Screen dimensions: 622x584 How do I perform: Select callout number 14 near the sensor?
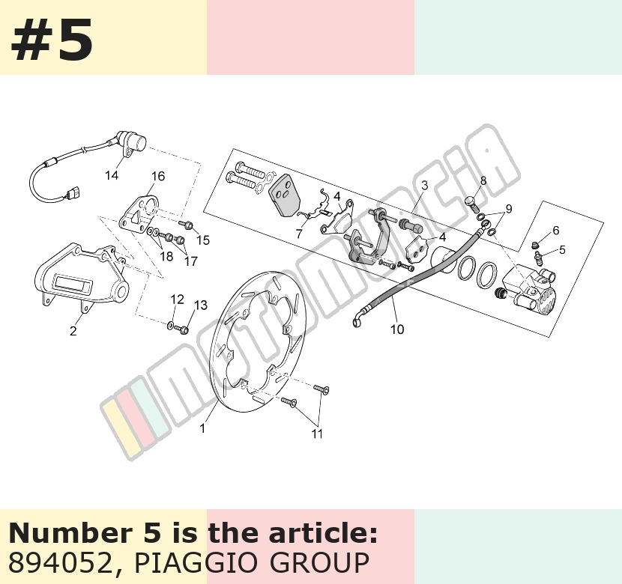(112, 174)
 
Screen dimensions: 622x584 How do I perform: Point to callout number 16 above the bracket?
(158, 176)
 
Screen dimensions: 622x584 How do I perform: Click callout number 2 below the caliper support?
(73, 331)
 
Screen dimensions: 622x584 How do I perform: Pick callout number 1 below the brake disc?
(202, 428)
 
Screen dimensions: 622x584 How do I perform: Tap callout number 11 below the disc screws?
(317, 434)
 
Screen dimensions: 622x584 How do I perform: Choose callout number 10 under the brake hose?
(397, 329)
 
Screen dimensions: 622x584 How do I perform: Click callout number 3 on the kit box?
(425, 185)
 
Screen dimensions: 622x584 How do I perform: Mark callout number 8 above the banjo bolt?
(483, 180)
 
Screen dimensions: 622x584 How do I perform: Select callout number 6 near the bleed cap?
(556, 230)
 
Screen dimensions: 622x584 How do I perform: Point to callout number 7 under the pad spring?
(299, 234)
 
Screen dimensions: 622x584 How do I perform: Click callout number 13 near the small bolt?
(201, 305)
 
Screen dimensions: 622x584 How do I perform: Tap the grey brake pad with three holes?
(285, 195)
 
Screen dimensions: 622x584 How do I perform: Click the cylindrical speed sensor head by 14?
(136, 142)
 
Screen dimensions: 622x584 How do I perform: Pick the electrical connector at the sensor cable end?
(72, 195)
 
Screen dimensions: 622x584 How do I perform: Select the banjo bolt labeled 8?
(472, 204)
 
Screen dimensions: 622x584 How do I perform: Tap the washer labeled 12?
(171, 326)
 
